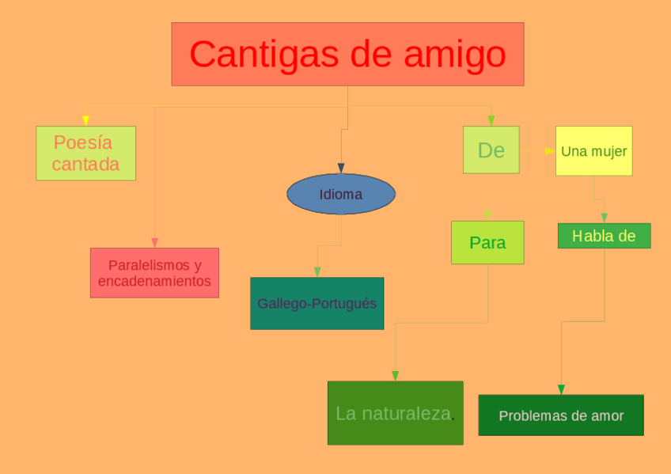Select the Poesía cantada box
[x=85, y=153]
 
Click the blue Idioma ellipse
[x=340, y=194]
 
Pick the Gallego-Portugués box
[x=317, y=303]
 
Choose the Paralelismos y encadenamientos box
[x=154, y=273]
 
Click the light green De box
[x=491, y=150]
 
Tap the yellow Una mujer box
[x=593, y=151]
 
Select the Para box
[x=487, y=242]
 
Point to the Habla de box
[x=604, y=236]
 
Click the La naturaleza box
[x=395, y=413]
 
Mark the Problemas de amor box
[x=561, y=415]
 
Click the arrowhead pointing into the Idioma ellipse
[x=341, y=169]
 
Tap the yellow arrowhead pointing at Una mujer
[x=551, y=150]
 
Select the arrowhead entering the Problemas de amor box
[x=561, y=389]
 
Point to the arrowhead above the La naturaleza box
[x=395, y=376]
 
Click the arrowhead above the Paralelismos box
[x=154, y=242]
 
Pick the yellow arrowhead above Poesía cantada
[x=85, y=121]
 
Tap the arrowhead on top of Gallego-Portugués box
[x=317, y=272]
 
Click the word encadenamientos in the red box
[x=154, y=281]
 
